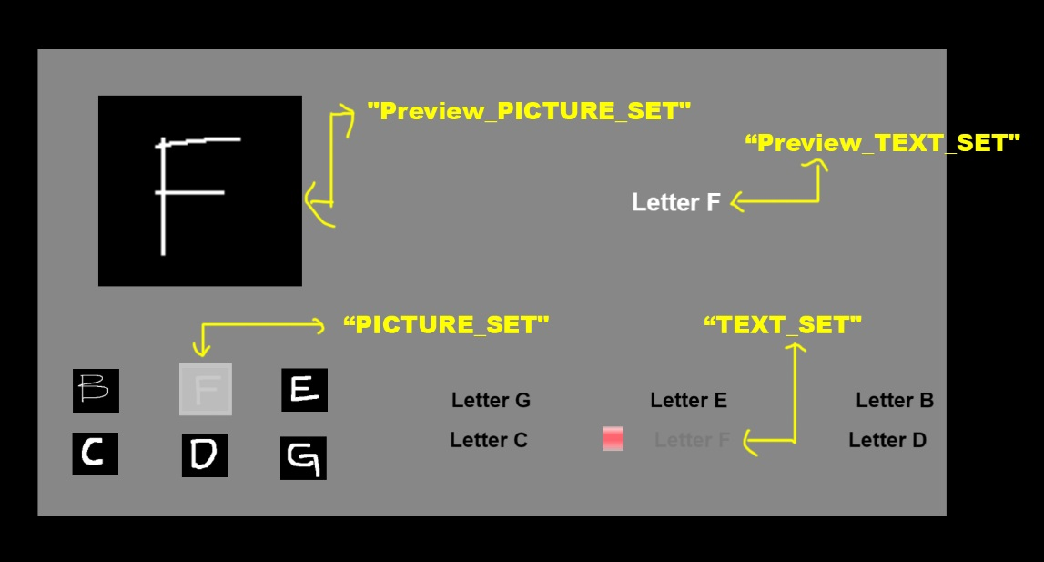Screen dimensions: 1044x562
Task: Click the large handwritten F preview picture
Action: (199, 190)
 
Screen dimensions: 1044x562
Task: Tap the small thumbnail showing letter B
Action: (96, 390)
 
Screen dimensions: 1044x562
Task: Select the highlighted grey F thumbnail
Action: (206, 389)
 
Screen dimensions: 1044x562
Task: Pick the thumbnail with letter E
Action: (304, 389)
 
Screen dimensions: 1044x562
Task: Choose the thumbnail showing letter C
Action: (96, 454)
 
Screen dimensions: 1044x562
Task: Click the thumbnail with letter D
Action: (205, 456)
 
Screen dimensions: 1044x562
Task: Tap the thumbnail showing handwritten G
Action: (304, 458)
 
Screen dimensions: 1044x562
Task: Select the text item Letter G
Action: (491, 400)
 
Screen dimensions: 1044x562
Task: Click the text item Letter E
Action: (688, 400)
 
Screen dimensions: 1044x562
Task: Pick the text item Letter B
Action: (894, 400)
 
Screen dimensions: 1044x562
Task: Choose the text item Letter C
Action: (489, 440)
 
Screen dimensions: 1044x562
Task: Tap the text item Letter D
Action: (887, 440)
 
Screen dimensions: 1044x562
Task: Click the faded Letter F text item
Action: (692, 440)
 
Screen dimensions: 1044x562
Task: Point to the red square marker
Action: (613, 439)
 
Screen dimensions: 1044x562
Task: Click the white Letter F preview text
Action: (675, 202)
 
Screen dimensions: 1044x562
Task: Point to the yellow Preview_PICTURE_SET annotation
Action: (529, 110)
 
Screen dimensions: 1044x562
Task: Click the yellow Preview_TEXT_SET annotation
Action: (882, 143)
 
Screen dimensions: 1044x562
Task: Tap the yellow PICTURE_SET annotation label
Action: (446, 324)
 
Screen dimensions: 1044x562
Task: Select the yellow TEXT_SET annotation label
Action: (783, 324)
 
